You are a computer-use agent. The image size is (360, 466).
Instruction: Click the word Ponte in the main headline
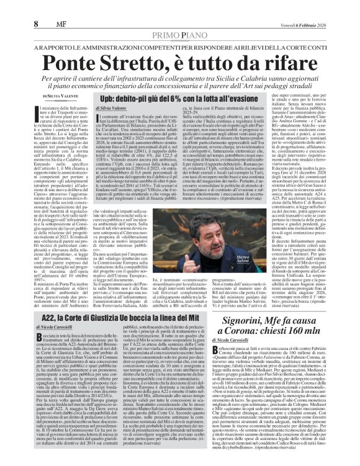click(86, 64)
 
